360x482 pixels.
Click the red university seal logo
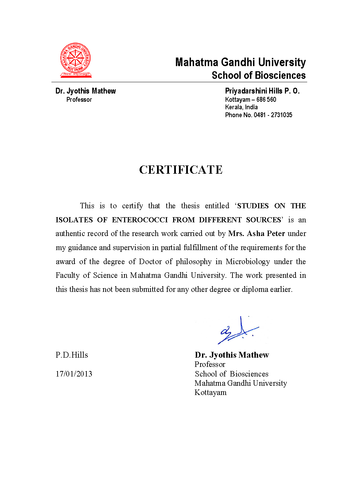(x=75, y=60)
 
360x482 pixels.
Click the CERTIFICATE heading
(x=181, y=170)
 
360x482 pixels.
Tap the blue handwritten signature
(x=238, y=331)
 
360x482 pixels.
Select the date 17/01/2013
(x=74, y=374)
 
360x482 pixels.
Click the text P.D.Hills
(x=72, y=355)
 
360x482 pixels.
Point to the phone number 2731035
(x=281, y=115)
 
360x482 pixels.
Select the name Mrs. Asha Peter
(x=256, y=234)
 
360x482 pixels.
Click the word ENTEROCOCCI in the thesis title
(x=140, y=220)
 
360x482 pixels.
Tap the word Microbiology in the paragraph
(x=248, y=262)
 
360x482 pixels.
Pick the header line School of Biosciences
(x=259, y=75)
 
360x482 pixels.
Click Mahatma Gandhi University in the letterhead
(x=240, y=62)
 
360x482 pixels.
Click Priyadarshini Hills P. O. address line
(x=262, y=91)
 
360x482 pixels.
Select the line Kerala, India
(x=241, y=107)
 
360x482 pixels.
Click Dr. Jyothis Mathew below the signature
(x=232, y=355)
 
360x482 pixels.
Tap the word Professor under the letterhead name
(x=79, y=100)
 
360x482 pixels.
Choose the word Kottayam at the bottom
(x=211, y=393)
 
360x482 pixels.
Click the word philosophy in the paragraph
(x=194, y=262)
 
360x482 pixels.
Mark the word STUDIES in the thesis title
(x=253, y=206)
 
